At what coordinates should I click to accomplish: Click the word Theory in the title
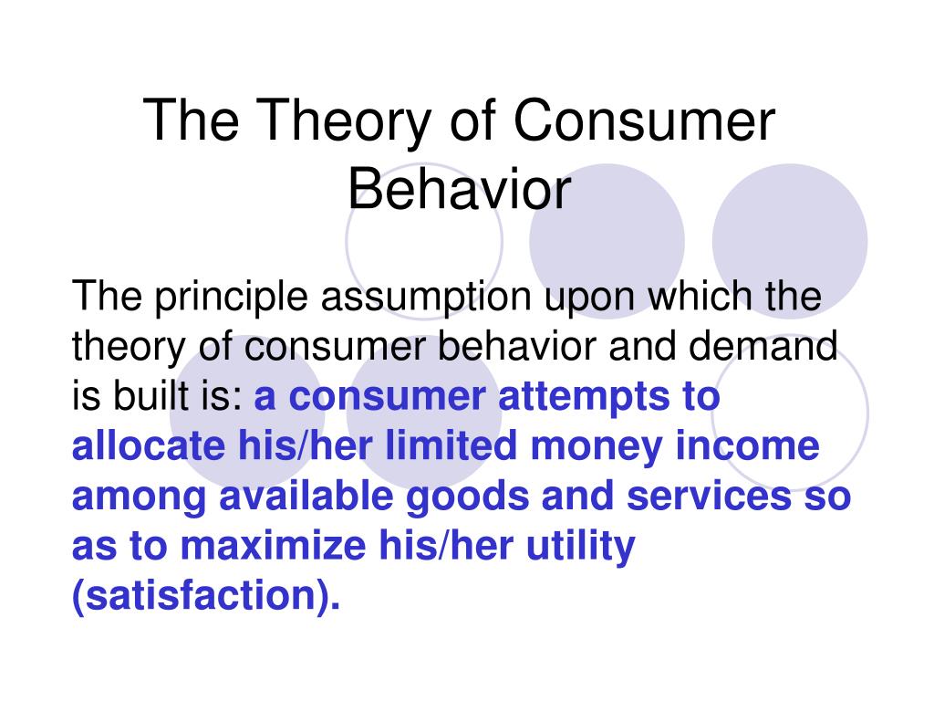[x=344, y=121]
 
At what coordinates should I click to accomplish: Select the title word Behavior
[x=460, y=189]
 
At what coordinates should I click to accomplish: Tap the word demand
[x=763, y=346]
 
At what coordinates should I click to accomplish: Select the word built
[x=144, y=395]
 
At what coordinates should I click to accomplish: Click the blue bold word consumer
[x=387, y=397]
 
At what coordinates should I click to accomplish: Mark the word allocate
[x=149, y=445]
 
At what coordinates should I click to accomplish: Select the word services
[x=709, y=496]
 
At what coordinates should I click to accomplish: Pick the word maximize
[x=273, y=546]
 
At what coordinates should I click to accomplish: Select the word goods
[x=467, y=498]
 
